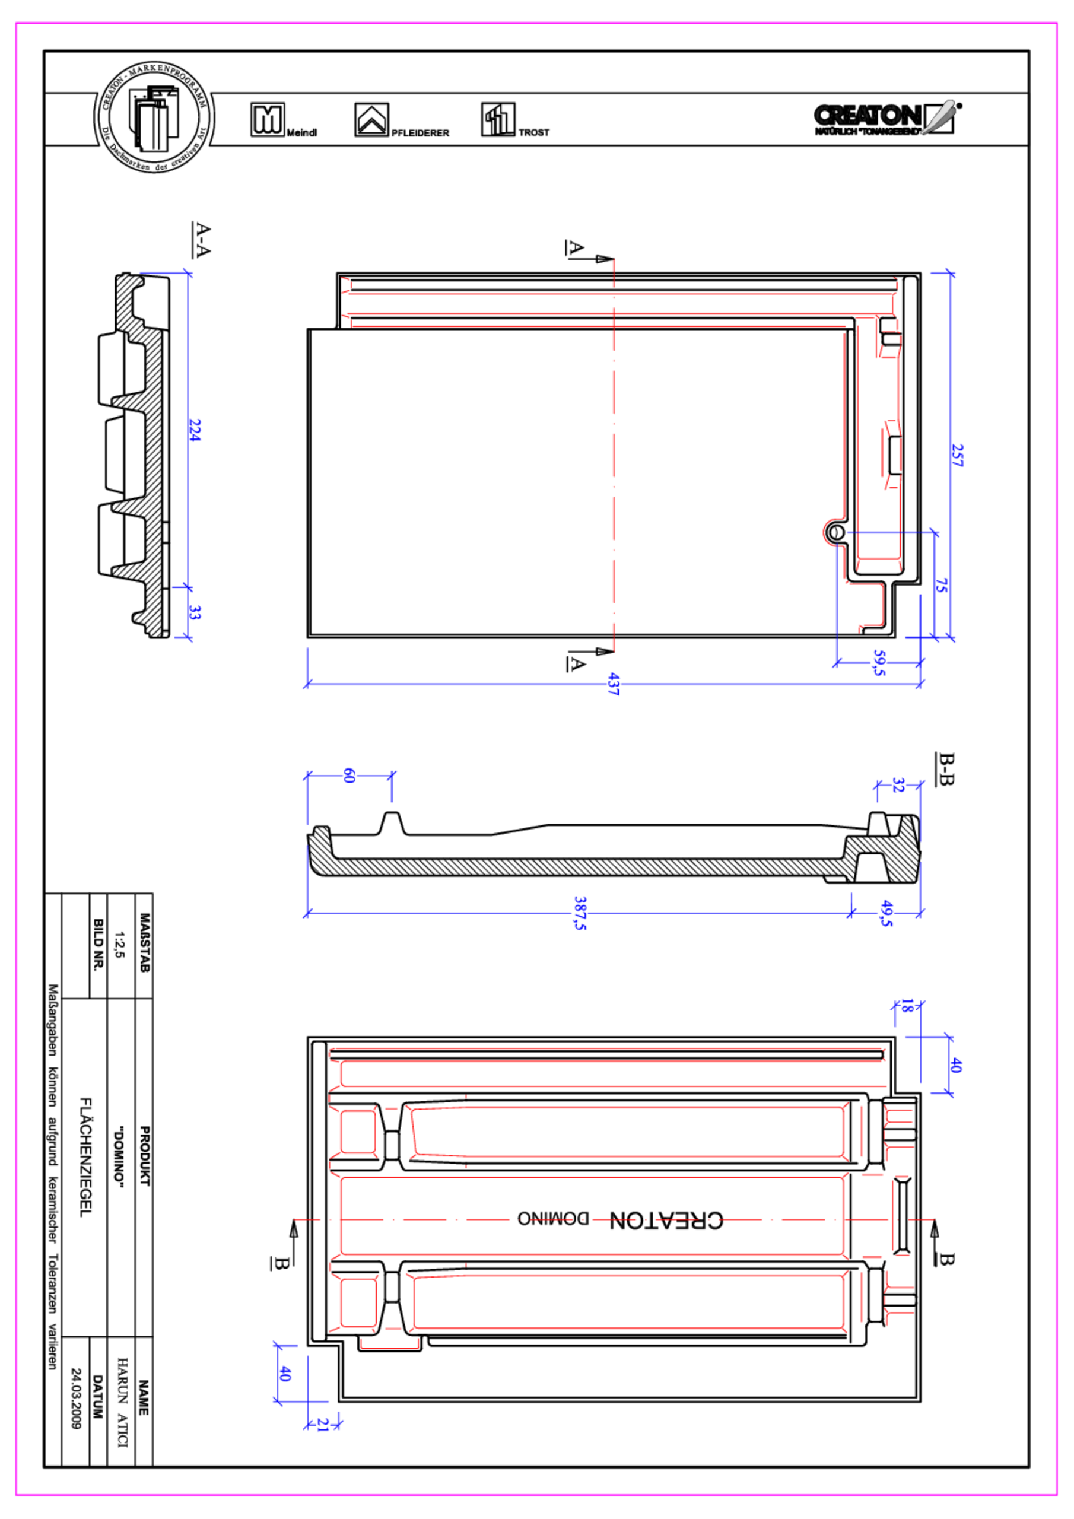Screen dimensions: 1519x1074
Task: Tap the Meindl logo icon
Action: [268, 120]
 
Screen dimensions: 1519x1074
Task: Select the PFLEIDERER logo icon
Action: [371, 120]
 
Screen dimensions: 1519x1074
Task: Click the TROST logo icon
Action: [498, 120]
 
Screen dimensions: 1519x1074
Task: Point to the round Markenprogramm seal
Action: [154, 117]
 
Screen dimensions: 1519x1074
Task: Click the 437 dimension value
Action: [614, 684]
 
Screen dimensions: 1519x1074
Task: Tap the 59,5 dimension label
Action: [879, 662]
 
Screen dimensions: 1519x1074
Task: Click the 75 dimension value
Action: [941, 586]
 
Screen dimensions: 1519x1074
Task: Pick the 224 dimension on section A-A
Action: [194, 430]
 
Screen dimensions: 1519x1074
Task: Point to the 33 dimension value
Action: [194, 612]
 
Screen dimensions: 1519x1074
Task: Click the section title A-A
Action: [202, 240]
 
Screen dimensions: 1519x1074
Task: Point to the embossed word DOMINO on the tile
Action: [553, 1219]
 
